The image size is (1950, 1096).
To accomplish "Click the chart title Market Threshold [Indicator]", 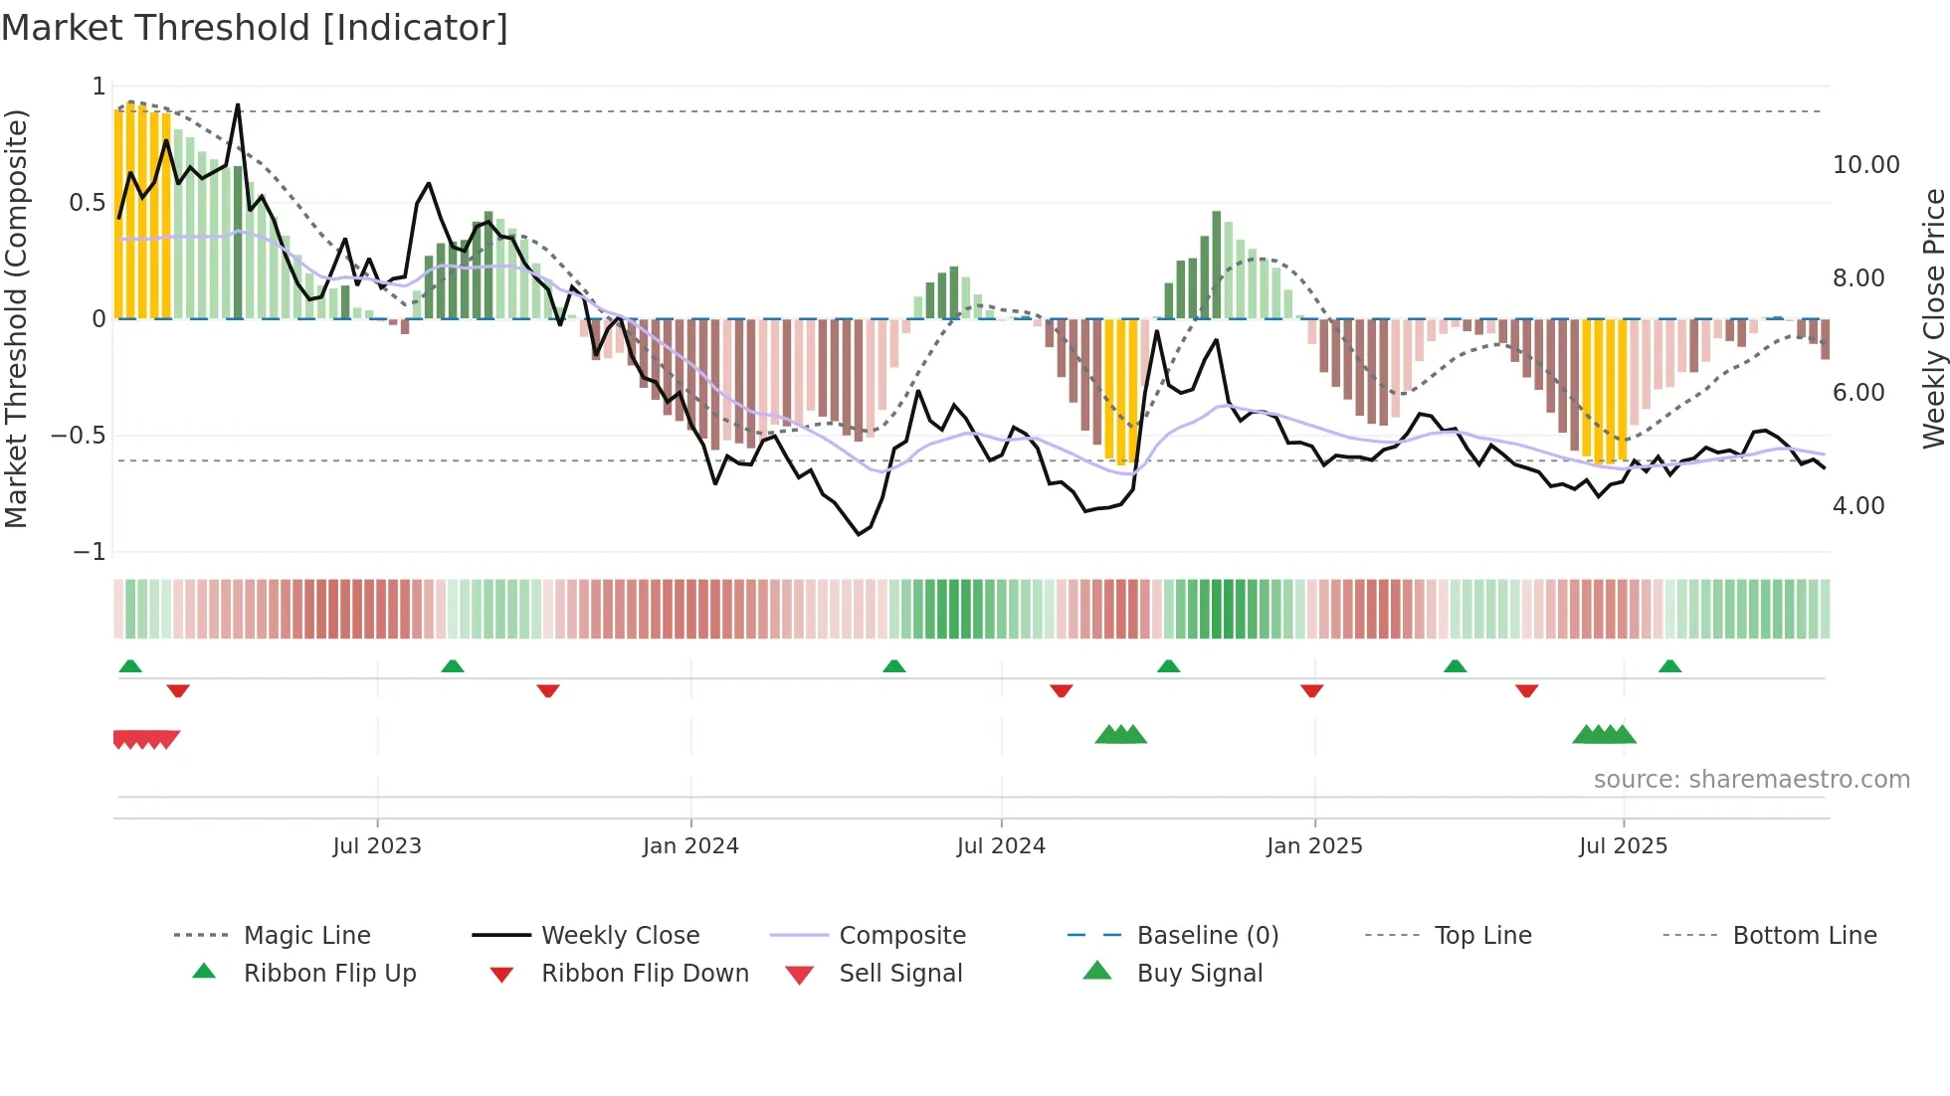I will tap(255, 28).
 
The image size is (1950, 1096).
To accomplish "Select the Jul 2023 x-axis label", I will tap(377, 846).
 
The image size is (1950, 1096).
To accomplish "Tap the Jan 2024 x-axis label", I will tap(690, 846).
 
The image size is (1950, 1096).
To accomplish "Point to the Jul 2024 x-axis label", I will tap(1001, 846).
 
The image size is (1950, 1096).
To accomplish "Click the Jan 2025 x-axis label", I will tap(1314, 846).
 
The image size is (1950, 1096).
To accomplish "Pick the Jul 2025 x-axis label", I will tap(1623, 846).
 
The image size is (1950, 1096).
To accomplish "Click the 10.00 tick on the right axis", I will tap(1865, 165).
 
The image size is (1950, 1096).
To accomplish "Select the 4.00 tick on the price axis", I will tap(1858, 506).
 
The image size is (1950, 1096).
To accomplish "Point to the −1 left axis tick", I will tap(90, 552).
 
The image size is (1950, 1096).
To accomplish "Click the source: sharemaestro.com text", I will tap(1751, 780).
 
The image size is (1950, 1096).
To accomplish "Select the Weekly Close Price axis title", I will tap(1933, 318).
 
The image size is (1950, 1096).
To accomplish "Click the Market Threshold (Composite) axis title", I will tap(16, 318).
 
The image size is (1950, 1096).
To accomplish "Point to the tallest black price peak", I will tap(238, 105).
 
